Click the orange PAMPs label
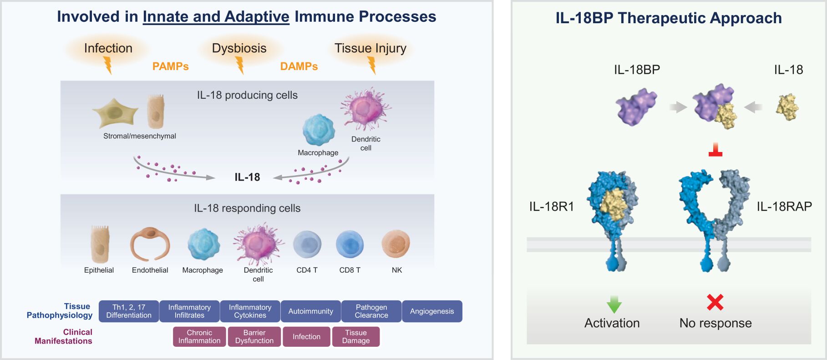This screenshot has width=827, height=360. pos(170,66)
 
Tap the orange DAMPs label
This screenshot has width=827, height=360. pos(299,66)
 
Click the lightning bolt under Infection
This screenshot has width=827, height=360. pos(108,65)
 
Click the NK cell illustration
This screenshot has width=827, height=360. pos(396,244)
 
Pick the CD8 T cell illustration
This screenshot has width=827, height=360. pos(350,244)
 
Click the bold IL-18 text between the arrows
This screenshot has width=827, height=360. pos(247,177)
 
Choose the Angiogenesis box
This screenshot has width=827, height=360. pos(432,311)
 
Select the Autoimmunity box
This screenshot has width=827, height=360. pos(311,311)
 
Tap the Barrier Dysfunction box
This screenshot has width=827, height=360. pos(254,337)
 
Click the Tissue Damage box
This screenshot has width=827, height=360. pos(356,337)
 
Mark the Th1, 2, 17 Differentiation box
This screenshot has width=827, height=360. pos(129,311)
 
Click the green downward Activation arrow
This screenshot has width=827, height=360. pos(614,304)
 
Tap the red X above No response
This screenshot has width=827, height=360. pos(715,302)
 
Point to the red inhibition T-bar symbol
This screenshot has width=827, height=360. pos(715,151)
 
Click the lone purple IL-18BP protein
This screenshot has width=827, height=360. pos(636,107)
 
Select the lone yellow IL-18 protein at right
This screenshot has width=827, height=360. pos(787,107)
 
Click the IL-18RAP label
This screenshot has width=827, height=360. pos(784,207)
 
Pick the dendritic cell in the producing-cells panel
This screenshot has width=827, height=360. pos(365,109)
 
